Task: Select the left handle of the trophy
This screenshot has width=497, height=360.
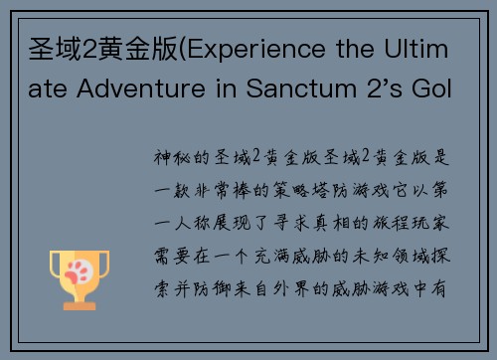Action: coord(56,266)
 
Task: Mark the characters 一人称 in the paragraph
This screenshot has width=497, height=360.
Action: coord(189,223)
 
